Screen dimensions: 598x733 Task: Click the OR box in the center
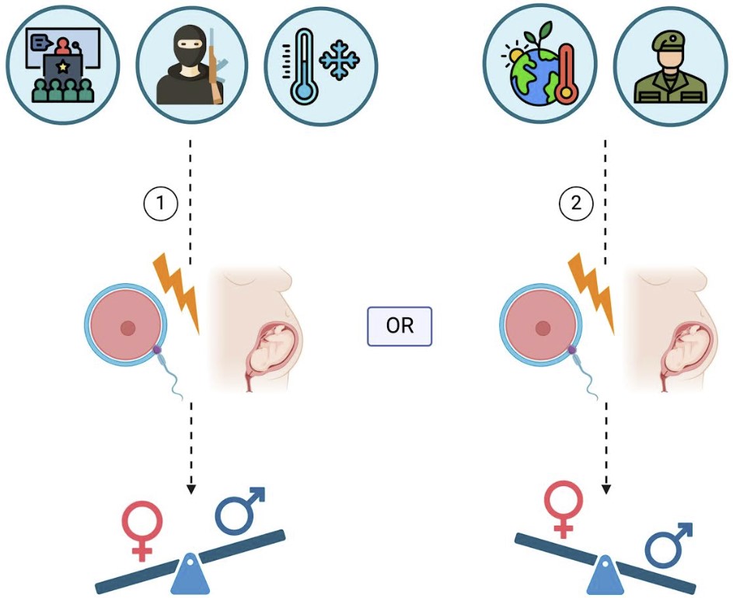pos(399,325)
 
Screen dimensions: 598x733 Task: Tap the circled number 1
pos(160,205)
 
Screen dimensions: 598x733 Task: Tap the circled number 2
pos(575,205)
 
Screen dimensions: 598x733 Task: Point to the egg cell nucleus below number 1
pos(127,327)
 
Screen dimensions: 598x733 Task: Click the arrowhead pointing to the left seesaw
pos(190,489)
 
